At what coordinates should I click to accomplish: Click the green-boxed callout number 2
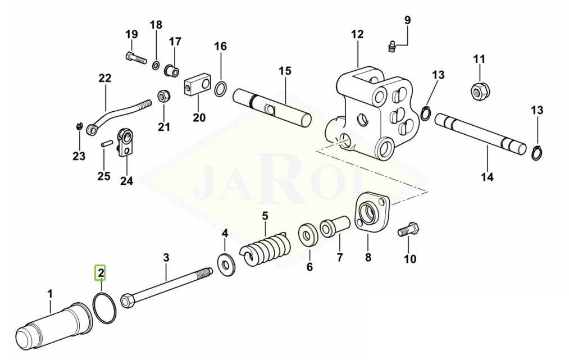[x=100, y=272]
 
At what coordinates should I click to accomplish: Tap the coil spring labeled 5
[x=265, y=248]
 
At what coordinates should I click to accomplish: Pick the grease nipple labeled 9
[x=391, y=47]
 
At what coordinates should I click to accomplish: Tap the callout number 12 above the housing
[x=357, y=34]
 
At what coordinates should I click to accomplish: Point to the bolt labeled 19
[x=136, y=57]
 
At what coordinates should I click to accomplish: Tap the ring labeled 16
[x=221, y=89]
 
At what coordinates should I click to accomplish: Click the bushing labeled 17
[x=172, y=70]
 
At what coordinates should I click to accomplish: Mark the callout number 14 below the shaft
[x=488, y=177]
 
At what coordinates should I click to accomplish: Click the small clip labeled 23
[x=79, y=126]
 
